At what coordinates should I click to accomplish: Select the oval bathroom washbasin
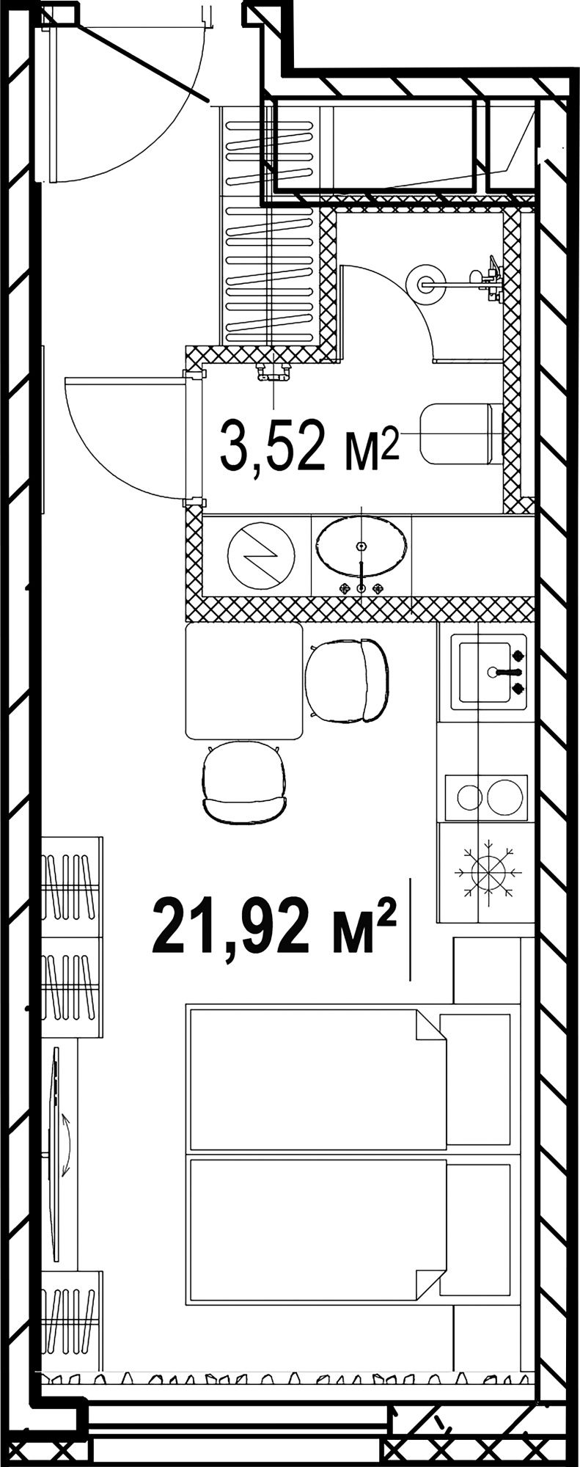(361, 547)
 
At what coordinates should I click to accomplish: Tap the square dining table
(244, 681)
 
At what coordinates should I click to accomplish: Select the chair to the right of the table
(346, 679)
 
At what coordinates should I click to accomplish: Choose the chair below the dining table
(245, 783)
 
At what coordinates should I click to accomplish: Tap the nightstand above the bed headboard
(487, 970)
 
